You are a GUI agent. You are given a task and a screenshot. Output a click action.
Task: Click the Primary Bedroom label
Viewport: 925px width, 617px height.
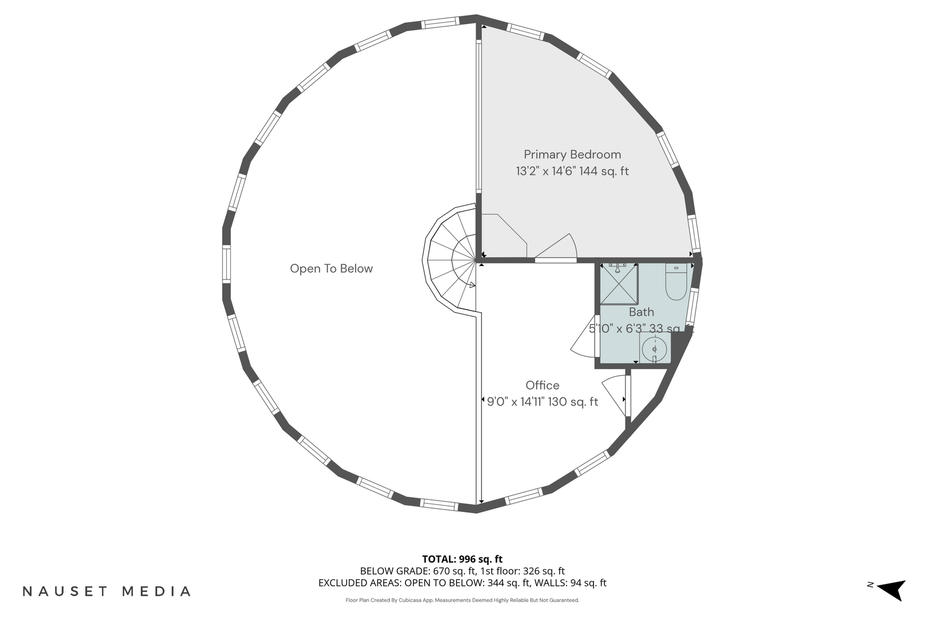pos(572,155)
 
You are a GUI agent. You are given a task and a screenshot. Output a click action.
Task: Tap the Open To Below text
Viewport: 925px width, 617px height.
pos(331,268)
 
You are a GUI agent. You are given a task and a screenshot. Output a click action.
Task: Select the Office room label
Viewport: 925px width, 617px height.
pos(542,385)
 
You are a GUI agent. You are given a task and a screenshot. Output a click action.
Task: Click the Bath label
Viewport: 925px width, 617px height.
pos(641,312)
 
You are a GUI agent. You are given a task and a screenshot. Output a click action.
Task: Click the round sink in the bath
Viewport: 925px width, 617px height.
pos(654,349)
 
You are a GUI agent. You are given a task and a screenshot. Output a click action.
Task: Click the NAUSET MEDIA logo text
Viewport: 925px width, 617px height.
pos(106,591)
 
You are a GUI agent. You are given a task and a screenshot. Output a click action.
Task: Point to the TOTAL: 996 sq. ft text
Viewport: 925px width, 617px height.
pos(462,559)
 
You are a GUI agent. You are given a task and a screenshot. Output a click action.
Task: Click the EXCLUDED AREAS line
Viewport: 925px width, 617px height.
pos(462,583)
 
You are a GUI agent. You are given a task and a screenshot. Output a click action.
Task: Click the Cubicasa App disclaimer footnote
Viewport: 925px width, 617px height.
pos(462,600)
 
